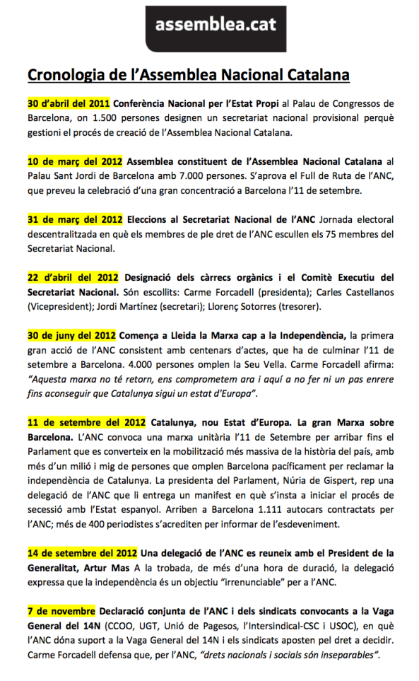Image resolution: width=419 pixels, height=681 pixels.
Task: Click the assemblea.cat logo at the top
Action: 209,26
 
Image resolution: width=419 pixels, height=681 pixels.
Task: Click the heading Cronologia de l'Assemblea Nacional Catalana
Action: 189,74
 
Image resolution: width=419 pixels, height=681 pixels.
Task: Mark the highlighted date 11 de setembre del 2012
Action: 86,424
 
